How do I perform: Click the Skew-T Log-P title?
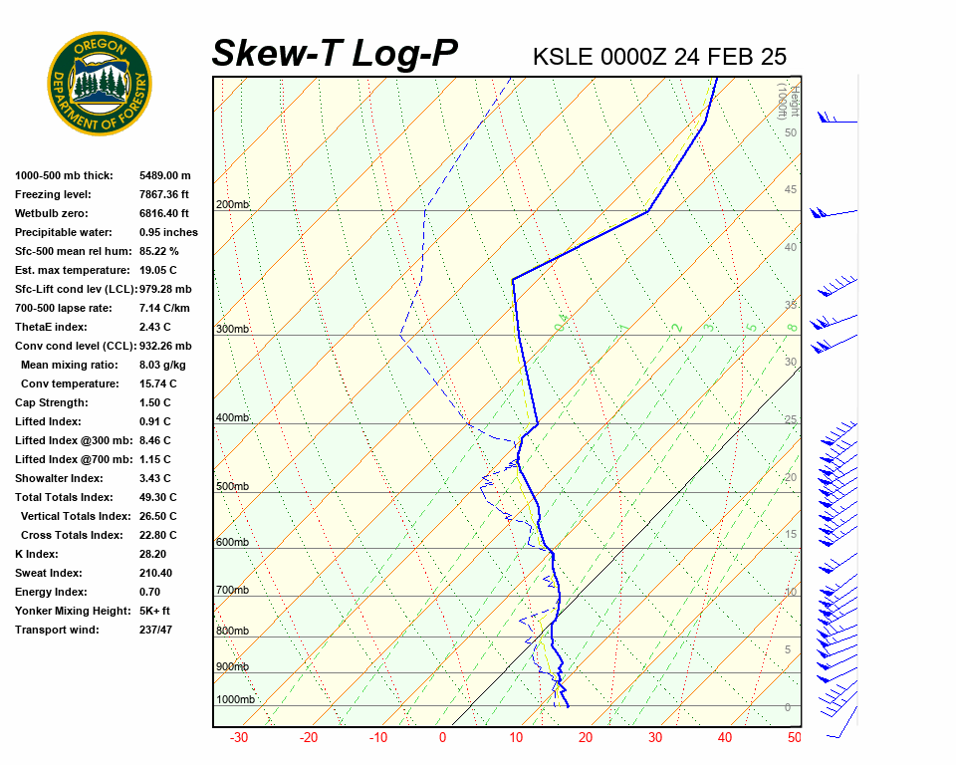[335, 54]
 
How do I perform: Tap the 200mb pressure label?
[232, 205]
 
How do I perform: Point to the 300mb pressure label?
[232, 330]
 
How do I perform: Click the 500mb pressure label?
[232, 487]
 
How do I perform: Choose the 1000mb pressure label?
[235, 700]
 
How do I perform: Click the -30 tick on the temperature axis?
[239, 738]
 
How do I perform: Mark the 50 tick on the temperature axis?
[794, 738]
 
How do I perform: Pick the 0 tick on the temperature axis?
[442, 738]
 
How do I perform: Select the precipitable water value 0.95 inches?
[167, 232]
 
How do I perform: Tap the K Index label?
[36, 554]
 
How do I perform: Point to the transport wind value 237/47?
[157, 630]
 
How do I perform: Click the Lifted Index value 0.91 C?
[154, 421]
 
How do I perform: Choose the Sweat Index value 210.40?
[157, 573]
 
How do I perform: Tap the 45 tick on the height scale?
[791, 190]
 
